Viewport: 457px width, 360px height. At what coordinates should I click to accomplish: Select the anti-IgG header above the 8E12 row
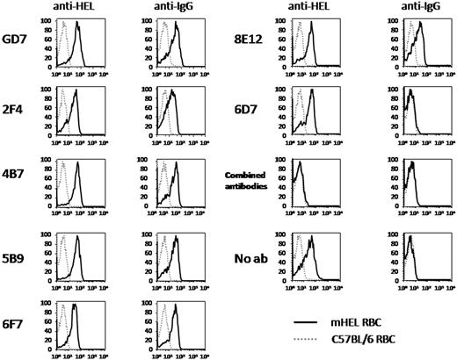click(x=404, y=8)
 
